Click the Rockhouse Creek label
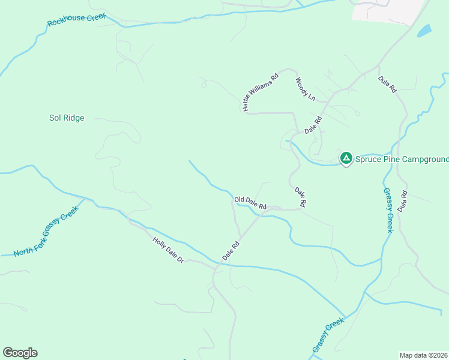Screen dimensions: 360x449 click(76, 20)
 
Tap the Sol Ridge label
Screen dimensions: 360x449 click(66, 118)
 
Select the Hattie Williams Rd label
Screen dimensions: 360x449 click(261, 92)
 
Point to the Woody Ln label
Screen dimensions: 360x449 click(305, 88)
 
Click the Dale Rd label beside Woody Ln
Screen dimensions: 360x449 click(313, 125)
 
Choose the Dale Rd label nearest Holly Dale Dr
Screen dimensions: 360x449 click(231, 250)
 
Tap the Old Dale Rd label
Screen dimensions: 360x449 click(250, 202)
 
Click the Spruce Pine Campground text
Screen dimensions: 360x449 click(401, 159)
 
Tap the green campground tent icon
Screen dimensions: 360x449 click(346, 158)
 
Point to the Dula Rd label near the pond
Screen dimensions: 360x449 click(387, 83)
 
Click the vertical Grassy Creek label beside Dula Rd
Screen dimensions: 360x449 click(388, 210)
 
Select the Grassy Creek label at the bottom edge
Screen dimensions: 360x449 click(328, 335)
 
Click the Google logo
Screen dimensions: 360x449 click(20, 353)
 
